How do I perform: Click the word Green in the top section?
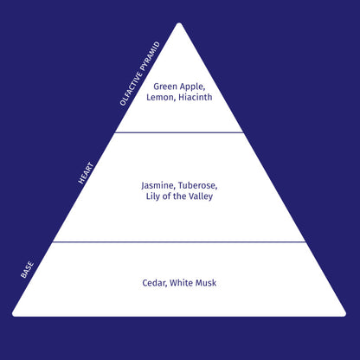pos(165,87)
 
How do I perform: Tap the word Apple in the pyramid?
pos(192,87)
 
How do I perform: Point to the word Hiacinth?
pos(196,97)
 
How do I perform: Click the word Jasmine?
pos(158,186)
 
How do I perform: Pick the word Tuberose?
pos(198,185)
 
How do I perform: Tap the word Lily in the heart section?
pos(152,196)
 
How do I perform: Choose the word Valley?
pos(201,196)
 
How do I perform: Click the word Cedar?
pos(155,283)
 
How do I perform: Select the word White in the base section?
pos(181,283)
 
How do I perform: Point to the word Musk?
pos(206,283)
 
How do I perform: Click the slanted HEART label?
pos(86,173)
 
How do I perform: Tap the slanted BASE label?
pos(28,270)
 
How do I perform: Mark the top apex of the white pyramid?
pos(179,23)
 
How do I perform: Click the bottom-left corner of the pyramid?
pos(13,314)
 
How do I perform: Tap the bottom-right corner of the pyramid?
pos(345,314)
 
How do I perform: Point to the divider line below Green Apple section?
pos(179,132)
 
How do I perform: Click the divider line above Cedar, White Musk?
pos(179,242)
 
